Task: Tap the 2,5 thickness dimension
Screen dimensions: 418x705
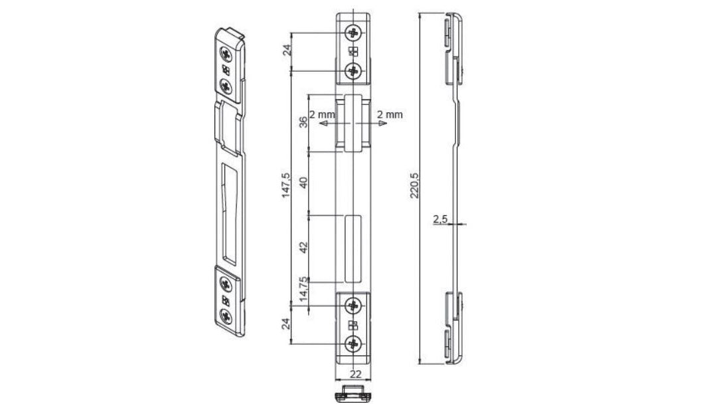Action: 439,218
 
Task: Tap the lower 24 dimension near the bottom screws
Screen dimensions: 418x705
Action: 287,324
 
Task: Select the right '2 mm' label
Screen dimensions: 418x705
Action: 390,114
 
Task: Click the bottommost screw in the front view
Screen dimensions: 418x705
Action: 353,344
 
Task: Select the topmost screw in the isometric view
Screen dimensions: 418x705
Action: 226,54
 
